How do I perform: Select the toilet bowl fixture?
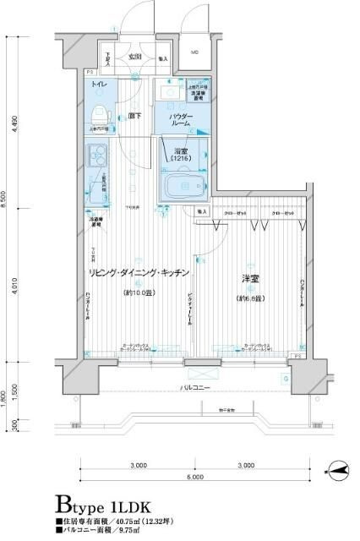coord(99,112)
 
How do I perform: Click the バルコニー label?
coord(196,389)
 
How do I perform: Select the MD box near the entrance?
coord(195,53)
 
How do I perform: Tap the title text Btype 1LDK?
coord(103,505)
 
